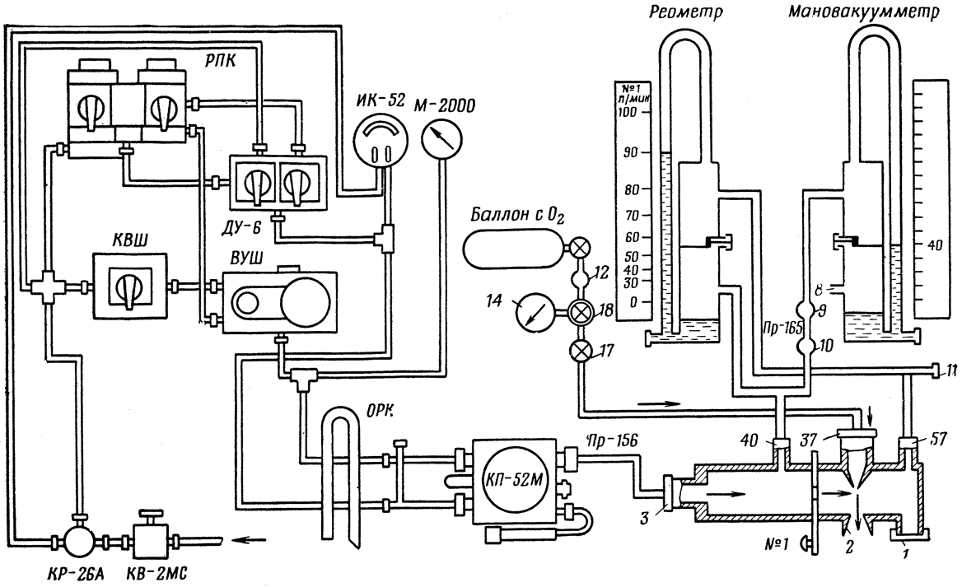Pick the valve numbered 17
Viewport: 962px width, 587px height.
click(578, 352)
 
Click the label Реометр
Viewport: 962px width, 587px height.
click(685, 12)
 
